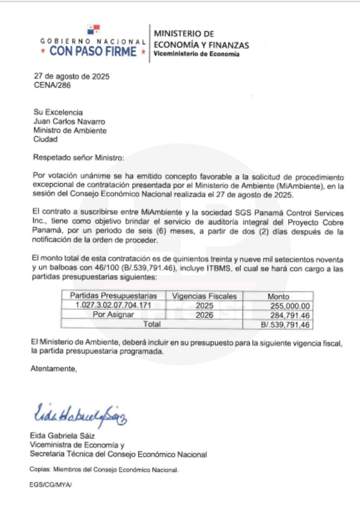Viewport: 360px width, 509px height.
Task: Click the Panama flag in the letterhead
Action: pos(94,30)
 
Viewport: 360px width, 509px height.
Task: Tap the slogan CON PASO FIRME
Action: pos(93,51)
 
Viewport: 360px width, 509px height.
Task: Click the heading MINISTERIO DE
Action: pos(184,34)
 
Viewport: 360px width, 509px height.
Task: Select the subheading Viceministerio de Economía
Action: pos(196,54)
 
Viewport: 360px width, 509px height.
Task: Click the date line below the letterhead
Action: pos(72,77)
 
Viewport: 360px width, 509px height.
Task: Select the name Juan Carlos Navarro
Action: pos(69,122)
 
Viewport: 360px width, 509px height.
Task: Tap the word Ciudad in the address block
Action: pos(45,139)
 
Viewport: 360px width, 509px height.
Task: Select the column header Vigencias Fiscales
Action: pos(204,296)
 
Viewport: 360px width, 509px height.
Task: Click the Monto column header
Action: pos(278,296)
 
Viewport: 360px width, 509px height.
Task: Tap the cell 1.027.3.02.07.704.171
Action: pos(113,305)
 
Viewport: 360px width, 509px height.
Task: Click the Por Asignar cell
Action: pos(113,314)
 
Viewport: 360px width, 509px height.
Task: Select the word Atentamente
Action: pos(53,369)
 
